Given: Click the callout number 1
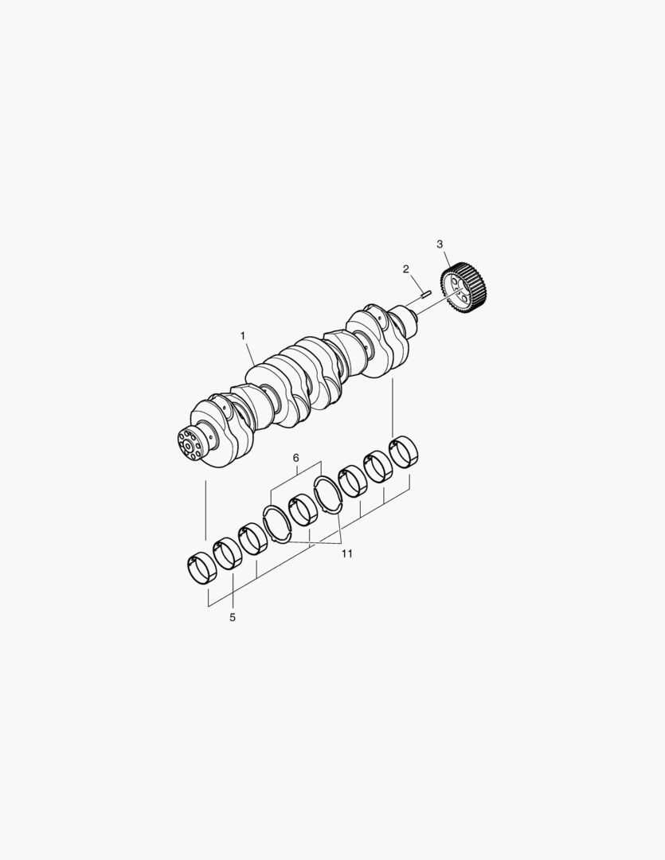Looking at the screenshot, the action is (243, 336).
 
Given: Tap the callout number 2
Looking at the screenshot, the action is (405, 269).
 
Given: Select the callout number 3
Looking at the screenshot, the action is (440, 244).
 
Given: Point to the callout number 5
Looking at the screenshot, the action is (232, 618).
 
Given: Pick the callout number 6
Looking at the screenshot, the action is (295, 457).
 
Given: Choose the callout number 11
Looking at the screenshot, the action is (346, 554).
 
